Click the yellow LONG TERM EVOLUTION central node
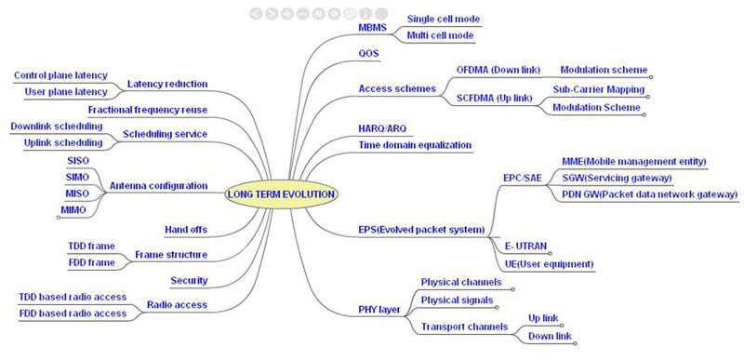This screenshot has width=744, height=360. click(282, 194)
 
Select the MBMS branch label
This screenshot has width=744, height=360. click(372, 28)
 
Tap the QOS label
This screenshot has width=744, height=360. click(368, 54)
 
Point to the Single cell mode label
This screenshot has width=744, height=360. click(444, 20)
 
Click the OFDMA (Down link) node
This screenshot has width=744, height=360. click(498, 70)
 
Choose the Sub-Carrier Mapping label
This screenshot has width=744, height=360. click(598, 89)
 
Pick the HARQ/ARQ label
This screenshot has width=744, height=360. click(382, 129)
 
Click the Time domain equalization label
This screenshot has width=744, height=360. click(415, 145)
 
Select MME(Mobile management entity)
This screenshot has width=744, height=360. click(634, 161)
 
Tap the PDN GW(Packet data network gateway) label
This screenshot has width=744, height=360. click(649, 194)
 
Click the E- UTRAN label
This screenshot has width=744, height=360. click(525, 247)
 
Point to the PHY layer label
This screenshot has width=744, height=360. click(379, 311)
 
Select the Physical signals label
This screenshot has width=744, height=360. click(457, 300)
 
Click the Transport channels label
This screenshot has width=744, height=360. click(464, 327)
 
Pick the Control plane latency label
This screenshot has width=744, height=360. click(60, 75)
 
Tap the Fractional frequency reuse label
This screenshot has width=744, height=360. click(148, 110)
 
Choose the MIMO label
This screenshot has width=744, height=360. click(73, 210)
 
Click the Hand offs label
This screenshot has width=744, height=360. click(186, 230)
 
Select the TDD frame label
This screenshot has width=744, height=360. click(91, 247)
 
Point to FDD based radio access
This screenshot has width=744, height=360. click(73, 313)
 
